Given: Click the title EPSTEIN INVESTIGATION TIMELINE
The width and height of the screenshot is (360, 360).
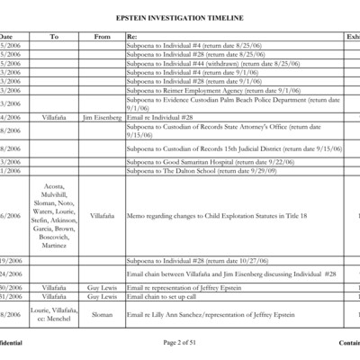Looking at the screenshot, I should (179, 18).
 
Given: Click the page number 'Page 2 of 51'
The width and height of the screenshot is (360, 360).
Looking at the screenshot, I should (180, 343).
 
